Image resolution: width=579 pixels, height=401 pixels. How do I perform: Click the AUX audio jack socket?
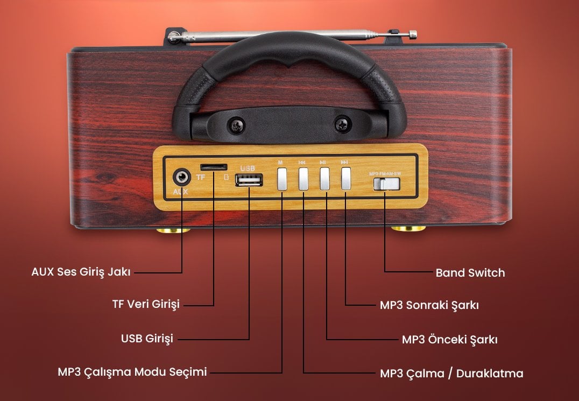(x=182, y=177)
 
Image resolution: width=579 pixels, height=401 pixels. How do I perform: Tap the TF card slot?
(x=213, y=167)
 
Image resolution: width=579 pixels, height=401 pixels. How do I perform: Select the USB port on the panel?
(x=249, y=180)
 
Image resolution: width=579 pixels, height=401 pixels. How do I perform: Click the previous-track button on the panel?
(x=303, y=179)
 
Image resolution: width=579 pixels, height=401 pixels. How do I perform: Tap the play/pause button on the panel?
(x=324, y=179)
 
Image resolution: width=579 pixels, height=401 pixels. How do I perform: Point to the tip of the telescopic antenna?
(x=413, y=34)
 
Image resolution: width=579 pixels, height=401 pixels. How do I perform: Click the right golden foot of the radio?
(x=408, y=229)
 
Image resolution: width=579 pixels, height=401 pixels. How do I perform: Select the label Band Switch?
(x=470, y=273)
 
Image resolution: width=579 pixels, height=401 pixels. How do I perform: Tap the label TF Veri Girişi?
(x=145, y=305)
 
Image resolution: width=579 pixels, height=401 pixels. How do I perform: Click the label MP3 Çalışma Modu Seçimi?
(x=132, y=372)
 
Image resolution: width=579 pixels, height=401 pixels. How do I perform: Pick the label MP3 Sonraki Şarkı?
(x=429, y=305)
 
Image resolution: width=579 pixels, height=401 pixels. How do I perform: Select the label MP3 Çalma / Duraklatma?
(x=451, y=374)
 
